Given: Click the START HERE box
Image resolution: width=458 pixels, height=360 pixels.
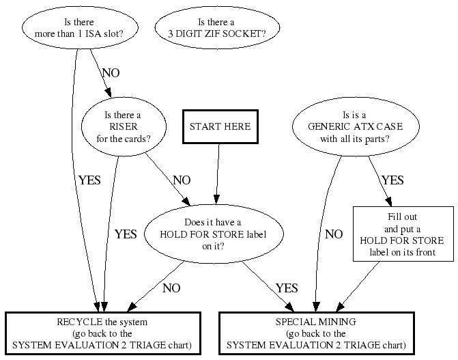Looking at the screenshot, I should (220, 126).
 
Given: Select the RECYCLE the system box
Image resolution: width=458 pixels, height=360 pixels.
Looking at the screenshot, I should (104, 333).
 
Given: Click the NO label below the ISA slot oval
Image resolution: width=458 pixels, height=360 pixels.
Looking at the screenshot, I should (111, 72).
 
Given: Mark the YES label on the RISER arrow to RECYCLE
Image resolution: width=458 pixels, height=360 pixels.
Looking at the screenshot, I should (126, 234).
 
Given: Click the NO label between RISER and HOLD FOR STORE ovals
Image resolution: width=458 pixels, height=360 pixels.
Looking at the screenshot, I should (182, 180).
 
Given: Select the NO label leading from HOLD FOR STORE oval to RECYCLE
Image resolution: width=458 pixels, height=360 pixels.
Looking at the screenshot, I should (171, 288).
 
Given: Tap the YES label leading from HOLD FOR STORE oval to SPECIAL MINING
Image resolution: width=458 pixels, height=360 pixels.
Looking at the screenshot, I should (287, 288).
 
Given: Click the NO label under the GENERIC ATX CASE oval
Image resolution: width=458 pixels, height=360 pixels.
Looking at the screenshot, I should (334, 234).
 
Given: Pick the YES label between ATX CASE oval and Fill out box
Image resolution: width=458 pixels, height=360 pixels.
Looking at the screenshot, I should (392, 180).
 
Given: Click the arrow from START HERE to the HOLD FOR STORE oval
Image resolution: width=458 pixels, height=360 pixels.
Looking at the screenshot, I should (217, 174).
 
